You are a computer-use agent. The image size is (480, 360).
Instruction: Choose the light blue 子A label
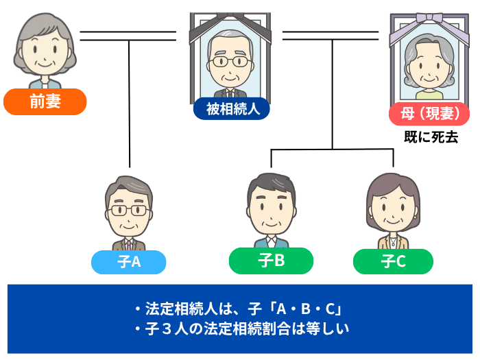[128, 261]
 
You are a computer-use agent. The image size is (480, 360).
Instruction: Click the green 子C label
[393, 261]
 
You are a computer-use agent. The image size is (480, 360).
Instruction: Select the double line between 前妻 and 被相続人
[130, 36]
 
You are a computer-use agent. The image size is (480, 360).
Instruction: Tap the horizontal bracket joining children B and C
[333, 150]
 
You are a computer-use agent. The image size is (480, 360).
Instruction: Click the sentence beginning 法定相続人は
[243, 308]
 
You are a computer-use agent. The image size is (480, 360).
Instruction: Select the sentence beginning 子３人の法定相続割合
[243, 328]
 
